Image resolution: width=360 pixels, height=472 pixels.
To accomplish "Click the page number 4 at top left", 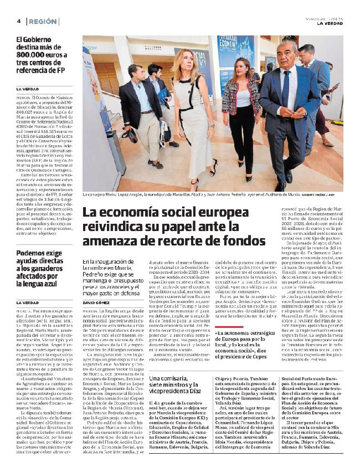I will (x=19, y=21).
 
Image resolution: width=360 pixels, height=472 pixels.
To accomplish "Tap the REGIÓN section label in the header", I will (x=44, y=21).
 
